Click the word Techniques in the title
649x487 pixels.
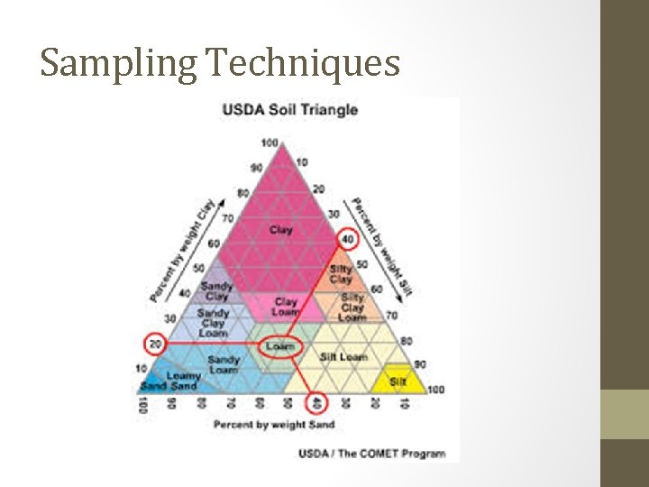coord(303,62)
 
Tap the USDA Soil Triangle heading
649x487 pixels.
coord(290,110)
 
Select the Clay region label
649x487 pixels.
coord(281,231)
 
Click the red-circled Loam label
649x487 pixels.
coord(280,346)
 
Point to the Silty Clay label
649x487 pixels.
coord(341,274)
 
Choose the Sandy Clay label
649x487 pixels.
coord(216,291)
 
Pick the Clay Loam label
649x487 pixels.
coord(286,307)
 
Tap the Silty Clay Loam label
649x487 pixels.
coord(352,307)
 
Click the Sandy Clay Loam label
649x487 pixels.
coord(214,323)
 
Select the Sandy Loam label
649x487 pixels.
coord(224,364)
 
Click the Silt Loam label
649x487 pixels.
coord(343,357)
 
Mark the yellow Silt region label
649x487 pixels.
coord(398,381)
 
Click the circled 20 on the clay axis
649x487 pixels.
coord(155,344)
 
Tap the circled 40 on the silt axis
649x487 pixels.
coord(347,239)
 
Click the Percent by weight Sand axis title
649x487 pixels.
coord(274,425)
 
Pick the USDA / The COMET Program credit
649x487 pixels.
coord(371,453)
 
